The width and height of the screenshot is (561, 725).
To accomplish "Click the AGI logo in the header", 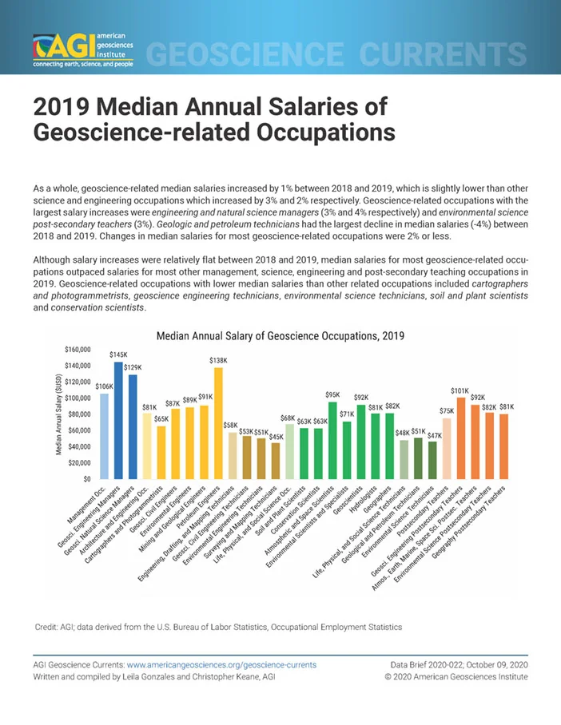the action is pyautogui.click(x=83, y=50).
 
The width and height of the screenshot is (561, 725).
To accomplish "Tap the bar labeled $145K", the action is pyautogui.click(x=118, y=420).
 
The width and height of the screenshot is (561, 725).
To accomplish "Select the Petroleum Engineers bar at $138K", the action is pyautogui.click(x=218, y=423).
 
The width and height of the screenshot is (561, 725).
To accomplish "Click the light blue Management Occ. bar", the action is pyautogui.click(x=104, y=436).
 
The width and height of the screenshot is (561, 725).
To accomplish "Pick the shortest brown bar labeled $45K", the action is pyautogui.click(x=276, y=461).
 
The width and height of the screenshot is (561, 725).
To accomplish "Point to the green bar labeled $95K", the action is pyautogui.click(x=332, y=440).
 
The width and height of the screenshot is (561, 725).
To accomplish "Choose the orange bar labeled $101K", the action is pyautogui.click(x=461, y=438).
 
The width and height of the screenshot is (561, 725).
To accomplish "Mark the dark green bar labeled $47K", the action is pyautogui.click(x=432, y=460).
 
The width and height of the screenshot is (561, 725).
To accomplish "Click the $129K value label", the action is pyautogui.click(x=133, y=367).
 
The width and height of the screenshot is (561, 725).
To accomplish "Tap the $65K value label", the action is pyautogui.click(x=161, y=418).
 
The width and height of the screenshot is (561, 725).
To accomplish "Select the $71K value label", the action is pyautogui.click(x=347, y=414).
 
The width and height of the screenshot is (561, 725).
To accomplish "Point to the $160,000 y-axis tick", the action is pyautogui.click(x=78, y=350).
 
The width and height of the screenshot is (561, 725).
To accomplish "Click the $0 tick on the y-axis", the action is pyautogui.click(x=87, y=479).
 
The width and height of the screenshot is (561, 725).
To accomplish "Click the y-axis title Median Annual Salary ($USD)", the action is pyautogui.click(x=59, y=414).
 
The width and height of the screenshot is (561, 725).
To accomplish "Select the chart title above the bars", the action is pyautogui.click(x=280, y=335).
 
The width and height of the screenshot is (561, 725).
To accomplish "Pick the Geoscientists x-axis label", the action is pyautogui.click(x=348, y=499).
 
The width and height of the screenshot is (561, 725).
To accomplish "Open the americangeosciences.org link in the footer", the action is pyautogui.click(x=221, y=665).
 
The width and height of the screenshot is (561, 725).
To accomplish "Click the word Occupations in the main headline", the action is pyautogui.click(x=326, y=133).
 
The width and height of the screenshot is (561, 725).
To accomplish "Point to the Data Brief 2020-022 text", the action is pyautogui.click(x=427, y=665).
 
